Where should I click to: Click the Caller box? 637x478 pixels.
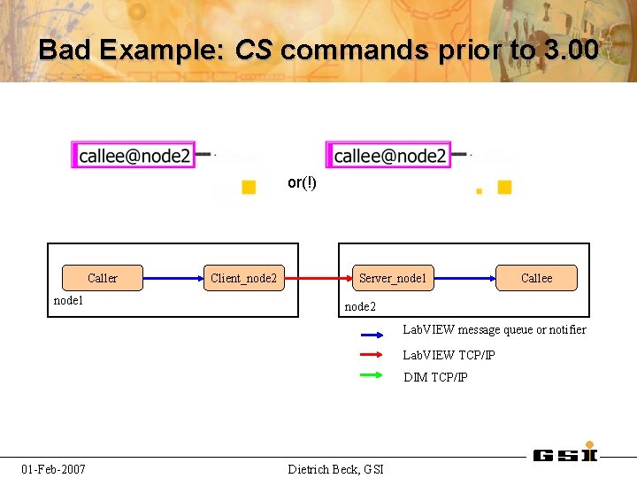tap(102, 278)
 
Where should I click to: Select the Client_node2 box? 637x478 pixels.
tap(243, 278)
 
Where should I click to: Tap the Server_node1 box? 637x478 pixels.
tap(392, 278)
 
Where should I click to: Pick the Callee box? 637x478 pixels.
tap(536, 278)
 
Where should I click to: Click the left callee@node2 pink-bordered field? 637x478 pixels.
tap(134, 156)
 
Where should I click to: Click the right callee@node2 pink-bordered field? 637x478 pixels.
tap(389, 156)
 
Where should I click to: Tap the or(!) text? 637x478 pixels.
tap(302, 183)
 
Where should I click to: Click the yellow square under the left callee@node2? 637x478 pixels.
tap(249, 187)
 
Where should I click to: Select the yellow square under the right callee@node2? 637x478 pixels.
tap(504, 187)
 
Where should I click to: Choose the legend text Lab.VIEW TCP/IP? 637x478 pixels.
tap(449, 355)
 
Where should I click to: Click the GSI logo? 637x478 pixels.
tap(565, 454)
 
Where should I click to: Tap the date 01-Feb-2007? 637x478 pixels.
tap(54, 468)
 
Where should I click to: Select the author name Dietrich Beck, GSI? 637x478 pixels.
tap(335, 468)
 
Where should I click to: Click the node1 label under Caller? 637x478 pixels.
tap(69, 300)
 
